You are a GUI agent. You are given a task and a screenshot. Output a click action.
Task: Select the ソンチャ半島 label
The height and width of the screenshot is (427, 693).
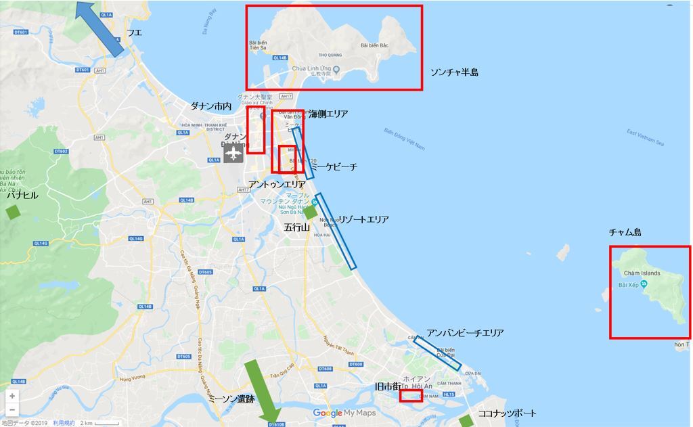454,72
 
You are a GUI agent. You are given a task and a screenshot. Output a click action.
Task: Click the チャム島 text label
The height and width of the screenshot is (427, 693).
625,232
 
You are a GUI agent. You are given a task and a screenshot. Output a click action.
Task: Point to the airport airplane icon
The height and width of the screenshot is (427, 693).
233,154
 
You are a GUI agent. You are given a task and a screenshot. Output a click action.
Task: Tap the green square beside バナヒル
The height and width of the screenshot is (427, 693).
13,211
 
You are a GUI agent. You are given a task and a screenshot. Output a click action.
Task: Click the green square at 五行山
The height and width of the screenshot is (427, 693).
309,212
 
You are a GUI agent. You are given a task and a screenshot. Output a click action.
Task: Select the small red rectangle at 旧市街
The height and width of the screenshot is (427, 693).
411,396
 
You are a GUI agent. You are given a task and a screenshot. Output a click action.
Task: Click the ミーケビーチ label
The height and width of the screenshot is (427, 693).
334,166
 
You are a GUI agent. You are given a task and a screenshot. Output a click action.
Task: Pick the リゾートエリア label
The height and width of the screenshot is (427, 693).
363,219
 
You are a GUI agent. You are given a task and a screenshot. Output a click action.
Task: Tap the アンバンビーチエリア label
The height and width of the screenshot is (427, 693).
465,333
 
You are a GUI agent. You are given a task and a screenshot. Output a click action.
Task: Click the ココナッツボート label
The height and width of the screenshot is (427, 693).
507,413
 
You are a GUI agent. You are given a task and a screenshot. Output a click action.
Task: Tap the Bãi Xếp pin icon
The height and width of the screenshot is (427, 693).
643,284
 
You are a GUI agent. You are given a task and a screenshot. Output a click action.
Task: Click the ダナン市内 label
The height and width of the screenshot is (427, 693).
210,106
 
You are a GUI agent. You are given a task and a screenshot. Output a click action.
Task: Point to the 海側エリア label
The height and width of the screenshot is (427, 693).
328,114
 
